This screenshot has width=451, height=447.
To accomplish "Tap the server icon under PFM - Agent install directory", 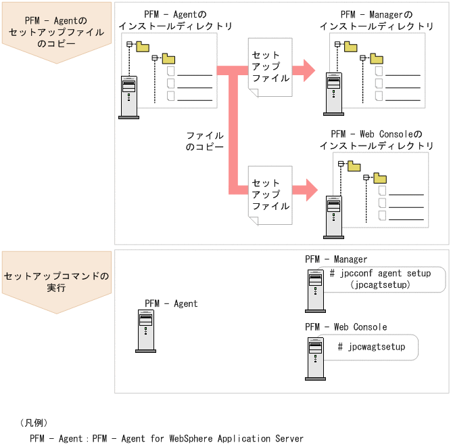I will point(128,97).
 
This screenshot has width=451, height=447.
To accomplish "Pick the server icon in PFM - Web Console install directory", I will point(333,217).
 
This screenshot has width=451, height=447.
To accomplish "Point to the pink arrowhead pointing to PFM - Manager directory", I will point(308,69).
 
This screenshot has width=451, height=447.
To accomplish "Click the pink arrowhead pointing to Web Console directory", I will point(308,190).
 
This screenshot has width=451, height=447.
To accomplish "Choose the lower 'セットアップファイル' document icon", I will point(270,194).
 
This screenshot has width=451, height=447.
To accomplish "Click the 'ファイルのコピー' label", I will point(204,141).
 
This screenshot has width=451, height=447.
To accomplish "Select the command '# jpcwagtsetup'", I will point(371,347).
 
